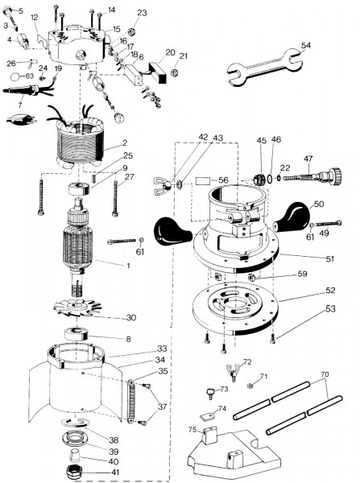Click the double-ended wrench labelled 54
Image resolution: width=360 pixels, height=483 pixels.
[x=264, y=66]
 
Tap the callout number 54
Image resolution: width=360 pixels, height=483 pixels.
[x=306, y=45]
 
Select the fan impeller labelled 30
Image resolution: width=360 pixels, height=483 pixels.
[x=77, y=308]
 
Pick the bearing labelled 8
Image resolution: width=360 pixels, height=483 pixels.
[x=77, y=334]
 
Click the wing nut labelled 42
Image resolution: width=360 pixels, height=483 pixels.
[x=163, y=185]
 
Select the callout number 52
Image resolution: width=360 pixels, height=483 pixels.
[x=330, y=291]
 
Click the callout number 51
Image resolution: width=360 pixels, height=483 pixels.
[x=330, y=258]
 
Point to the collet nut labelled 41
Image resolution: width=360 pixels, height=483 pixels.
[x=75, y=472]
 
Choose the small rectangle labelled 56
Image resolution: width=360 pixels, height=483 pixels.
[x=202, y=180]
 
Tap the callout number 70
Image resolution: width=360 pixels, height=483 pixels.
[x=325, y=374]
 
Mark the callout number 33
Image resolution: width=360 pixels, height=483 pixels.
[x=162, y=349]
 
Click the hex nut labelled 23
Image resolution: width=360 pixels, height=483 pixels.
[x=130, y=31]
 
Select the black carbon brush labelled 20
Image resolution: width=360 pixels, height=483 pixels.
[x=158, y=72]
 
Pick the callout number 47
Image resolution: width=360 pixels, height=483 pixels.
[x=308, y=159]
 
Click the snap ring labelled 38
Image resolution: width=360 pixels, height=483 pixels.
[x=75, y=423]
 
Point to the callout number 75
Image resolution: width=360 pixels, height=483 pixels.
[x=192, y=429]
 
